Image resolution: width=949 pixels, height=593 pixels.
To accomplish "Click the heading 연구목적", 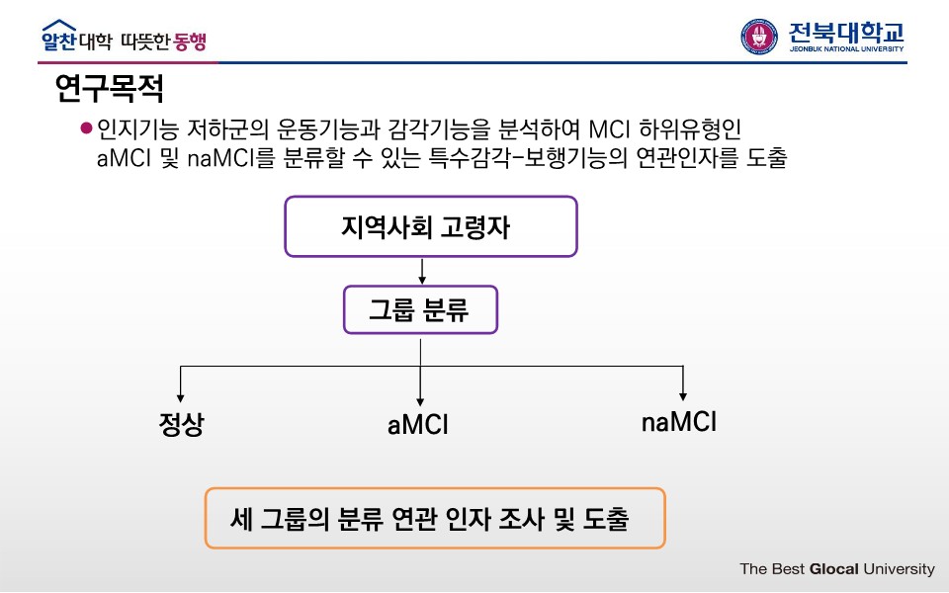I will point(110,91).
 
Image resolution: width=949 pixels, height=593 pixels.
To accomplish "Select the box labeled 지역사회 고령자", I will point(430,227).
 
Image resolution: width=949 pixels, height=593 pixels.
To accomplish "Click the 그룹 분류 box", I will point(420,310).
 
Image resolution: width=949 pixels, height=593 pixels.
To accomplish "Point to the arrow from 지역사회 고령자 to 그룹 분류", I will point(422,271).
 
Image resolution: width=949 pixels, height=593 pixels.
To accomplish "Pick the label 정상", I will point(181,425).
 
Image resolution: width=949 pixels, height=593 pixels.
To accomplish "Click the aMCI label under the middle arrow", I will point(418,426).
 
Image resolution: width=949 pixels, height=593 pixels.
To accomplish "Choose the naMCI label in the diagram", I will point(679,422).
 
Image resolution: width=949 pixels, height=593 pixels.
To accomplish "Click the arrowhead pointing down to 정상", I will point(181,393).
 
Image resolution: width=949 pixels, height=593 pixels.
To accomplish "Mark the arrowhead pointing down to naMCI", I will point(683,393).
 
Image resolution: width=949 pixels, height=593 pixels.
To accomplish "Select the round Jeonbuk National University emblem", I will point(759,37).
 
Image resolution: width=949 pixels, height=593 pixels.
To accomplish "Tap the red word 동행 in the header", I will point(191,42).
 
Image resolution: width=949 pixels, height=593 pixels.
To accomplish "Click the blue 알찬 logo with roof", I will point(58,38).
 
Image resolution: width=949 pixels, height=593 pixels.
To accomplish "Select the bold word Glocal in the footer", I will point(834,569).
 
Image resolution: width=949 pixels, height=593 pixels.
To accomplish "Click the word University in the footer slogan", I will point(899,569).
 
